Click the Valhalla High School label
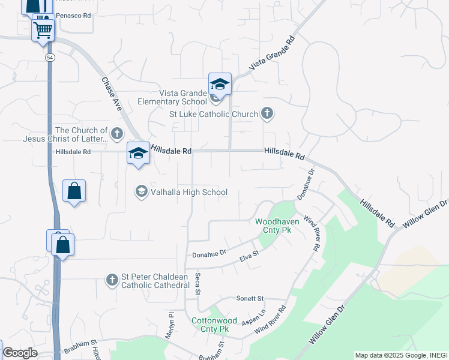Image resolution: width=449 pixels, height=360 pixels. [189, 192]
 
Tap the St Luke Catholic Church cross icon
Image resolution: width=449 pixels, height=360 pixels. [267, 113]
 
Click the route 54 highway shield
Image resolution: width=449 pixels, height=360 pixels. [49, 56]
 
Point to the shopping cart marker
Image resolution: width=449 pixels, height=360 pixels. [43, 29]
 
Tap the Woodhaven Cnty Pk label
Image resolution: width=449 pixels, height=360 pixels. [273, 225]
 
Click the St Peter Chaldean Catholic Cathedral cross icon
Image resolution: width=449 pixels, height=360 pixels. [112, 280]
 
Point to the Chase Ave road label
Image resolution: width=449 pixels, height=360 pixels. [112, 94]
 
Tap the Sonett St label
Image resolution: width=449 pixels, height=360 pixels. [250, 298]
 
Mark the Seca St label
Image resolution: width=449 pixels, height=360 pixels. [197, 284]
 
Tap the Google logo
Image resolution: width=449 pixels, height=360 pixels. [20, 353]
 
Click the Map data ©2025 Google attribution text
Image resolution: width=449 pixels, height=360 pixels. [384, 355]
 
